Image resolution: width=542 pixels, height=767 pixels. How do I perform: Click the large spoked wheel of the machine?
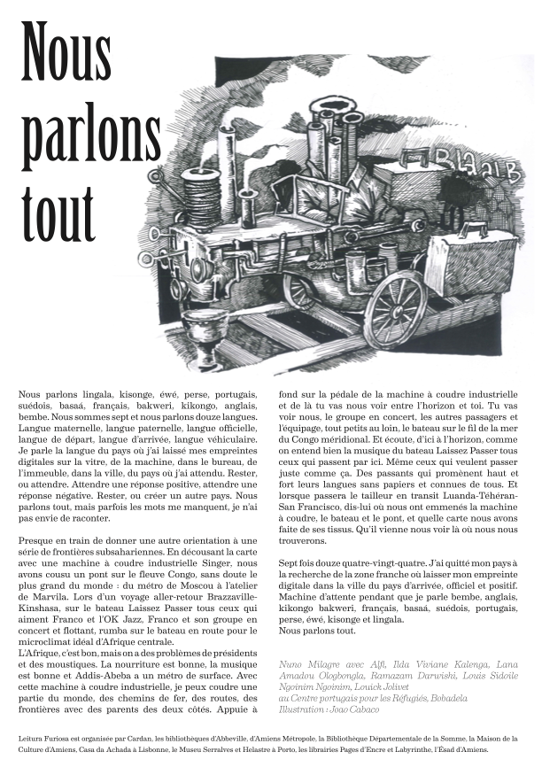point(396,306)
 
